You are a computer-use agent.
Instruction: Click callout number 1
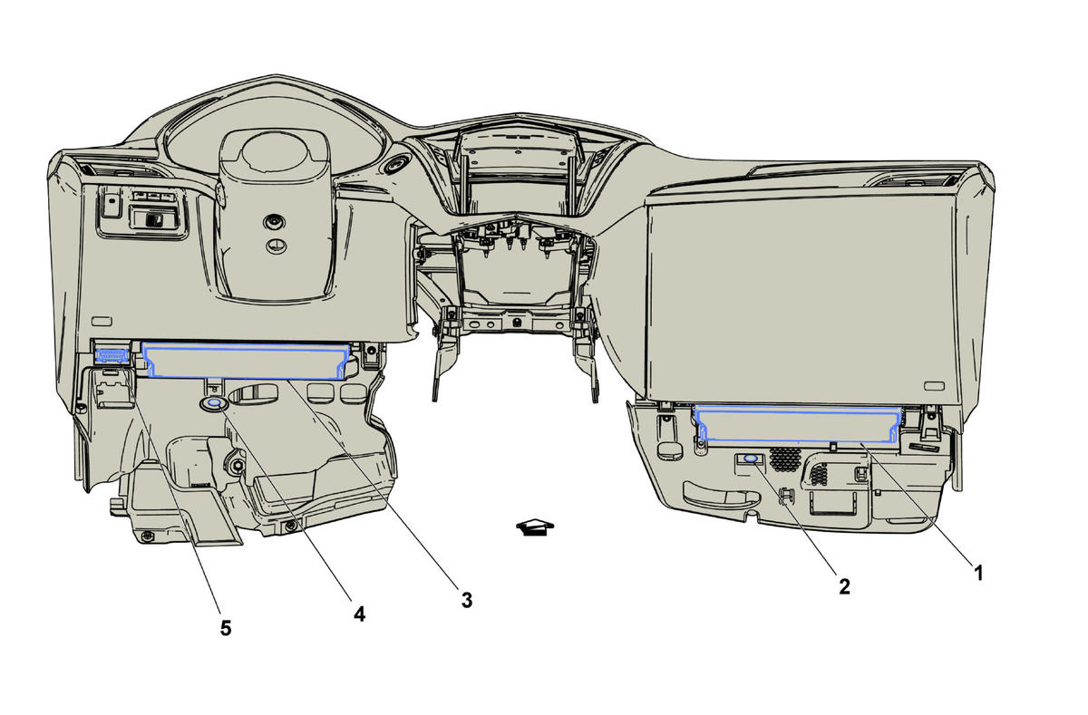click(977, 572)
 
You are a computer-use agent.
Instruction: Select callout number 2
click(844, 586)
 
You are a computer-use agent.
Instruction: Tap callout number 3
click(466, 599)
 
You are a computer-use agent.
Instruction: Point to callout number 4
click(359, 614)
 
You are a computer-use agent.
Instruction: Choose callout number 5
click(225, 627)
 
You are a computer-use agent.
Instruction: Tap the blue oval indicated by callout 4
click(214, 403)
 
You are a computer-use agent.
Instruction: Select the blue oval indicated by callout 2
click(752, 460)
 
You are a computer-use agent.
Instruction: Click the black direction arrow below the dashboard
click(536, 527)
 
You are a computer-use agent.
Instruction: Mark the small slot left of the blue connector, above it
click(102, 320)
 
